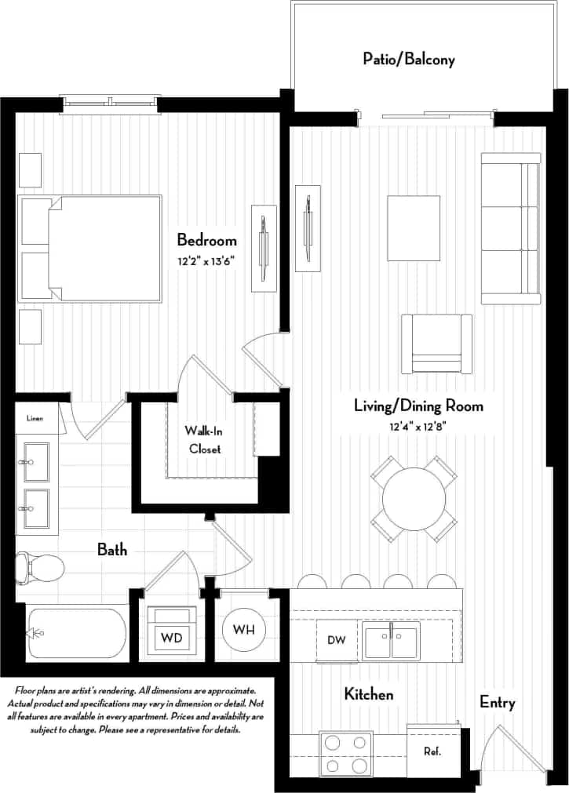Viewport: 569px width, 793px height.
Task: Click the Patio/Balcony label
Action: tap(408, 59)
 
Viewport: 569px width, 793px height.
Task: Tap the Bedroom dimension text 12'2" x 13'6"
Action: tap(206, 260)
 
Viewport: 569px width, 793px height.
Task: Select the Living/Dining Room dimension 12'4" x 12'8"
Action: tap(418, 427)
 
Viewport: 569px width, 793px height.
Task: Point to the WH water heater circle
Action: tap(243, 629)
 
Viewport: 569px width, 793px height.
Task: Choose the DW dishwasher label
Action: tap(336, 640)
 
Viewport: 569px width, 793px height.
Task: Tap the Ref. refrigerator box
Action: tap(432, 751)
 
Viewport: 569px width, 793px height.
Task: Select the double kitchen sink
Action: tap(391, 640)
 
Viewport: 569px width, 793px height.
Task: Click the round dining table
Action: tap(414, 498)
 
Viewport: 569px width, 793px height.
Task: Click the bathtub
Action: tap(76, 632)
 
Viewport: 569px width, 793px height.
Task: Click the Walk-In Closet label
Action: tap(202, 440)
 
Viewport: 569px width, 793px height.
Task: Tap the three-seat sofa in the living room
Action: tap(511, 228)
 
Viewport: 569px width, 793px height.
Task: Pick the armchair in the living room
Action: tap(436, 344)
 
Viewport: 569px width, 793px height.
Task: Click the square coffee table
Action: tap(414, 224)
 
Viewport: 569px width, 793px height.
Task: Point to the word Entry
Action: tap(498, 702)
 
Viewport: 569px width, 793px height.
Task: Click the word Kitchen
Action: tap(369, 694)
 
